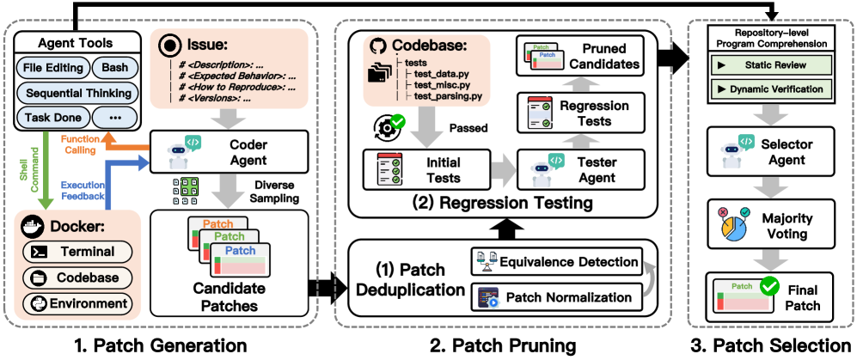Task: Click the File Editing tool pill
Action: click(51, 68)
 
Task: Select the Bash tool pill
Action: click(114, 68)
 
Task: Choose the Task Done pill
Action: click(51, 118)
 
